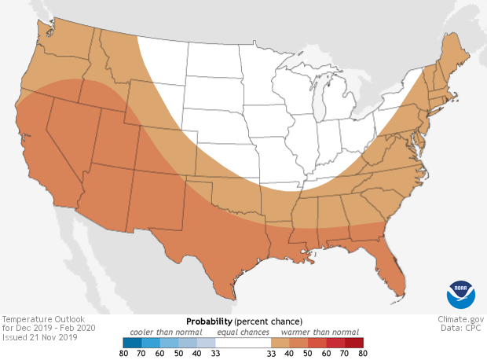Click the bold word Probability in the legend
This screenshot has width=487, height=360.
209,322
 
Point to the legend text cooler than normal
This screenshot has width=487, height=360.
167,332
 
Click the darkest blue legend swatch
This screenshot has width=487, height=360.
132,343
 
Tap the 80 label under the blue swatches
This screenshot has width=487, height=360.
123,354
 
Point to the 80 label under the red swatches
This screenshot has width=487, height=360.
361,354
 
